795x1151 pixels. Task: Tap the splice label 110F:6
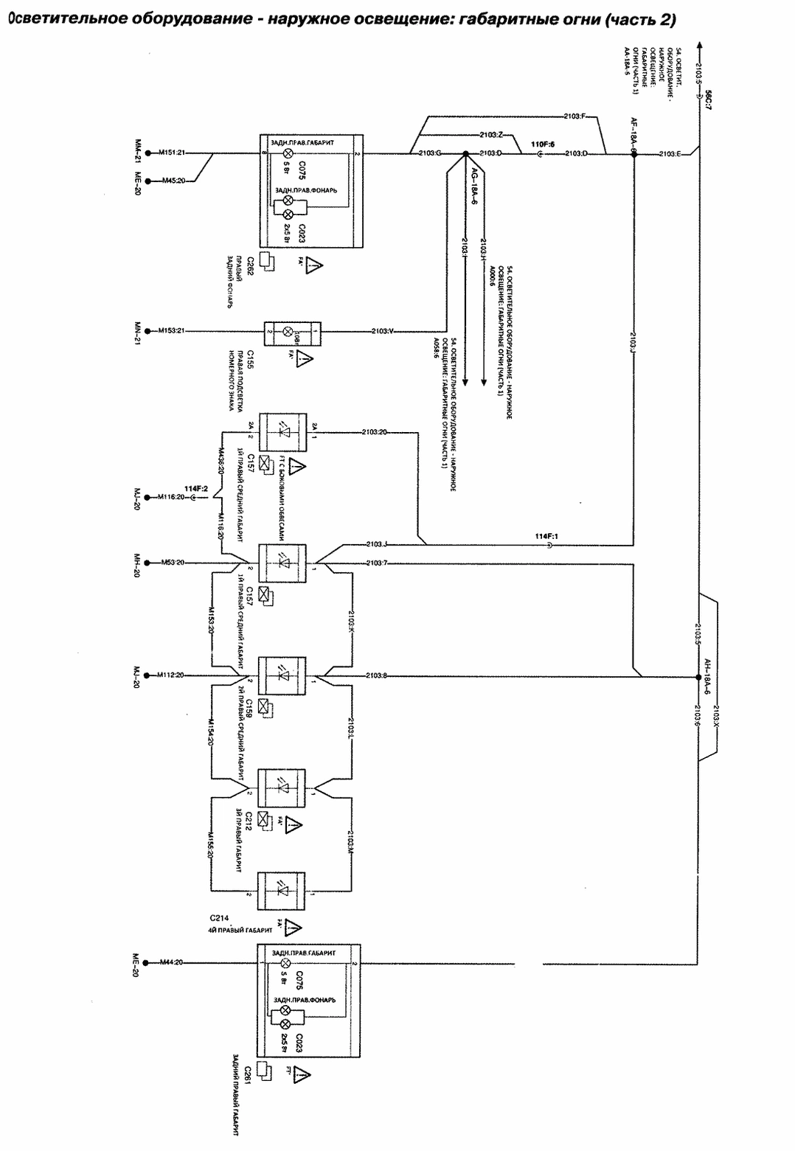[543, 145]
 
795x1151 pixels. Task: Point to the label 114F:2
[196, 488]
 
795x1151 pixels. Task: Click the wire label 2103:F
[574, 116]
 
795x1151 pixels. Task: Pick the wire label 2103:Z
[490, 135]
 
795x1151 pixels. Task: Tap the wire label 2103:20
[375, 431]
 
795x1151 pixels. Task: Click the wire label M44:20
[170, 962]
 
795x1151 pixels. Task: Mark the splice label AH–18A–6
[707, 676]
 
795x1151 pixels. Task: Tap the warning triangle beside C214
[294, 926]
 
